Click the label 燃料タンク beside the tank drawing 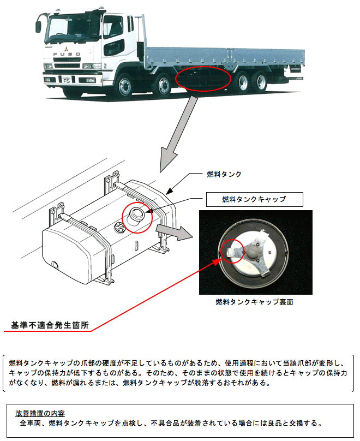(224, 174)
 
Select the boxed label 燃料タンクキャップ (254, 200)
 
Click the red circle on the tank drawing (135, 217)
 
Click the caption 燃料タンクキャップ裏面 (254, 301)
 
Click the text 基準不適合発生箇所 (50, 325)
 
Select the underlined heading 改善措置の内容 (44, 413)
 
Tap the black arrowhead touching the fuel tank (169, 192)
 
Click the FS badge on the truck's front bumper (67, 79)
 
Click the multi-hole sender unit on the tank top (118, 229)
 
